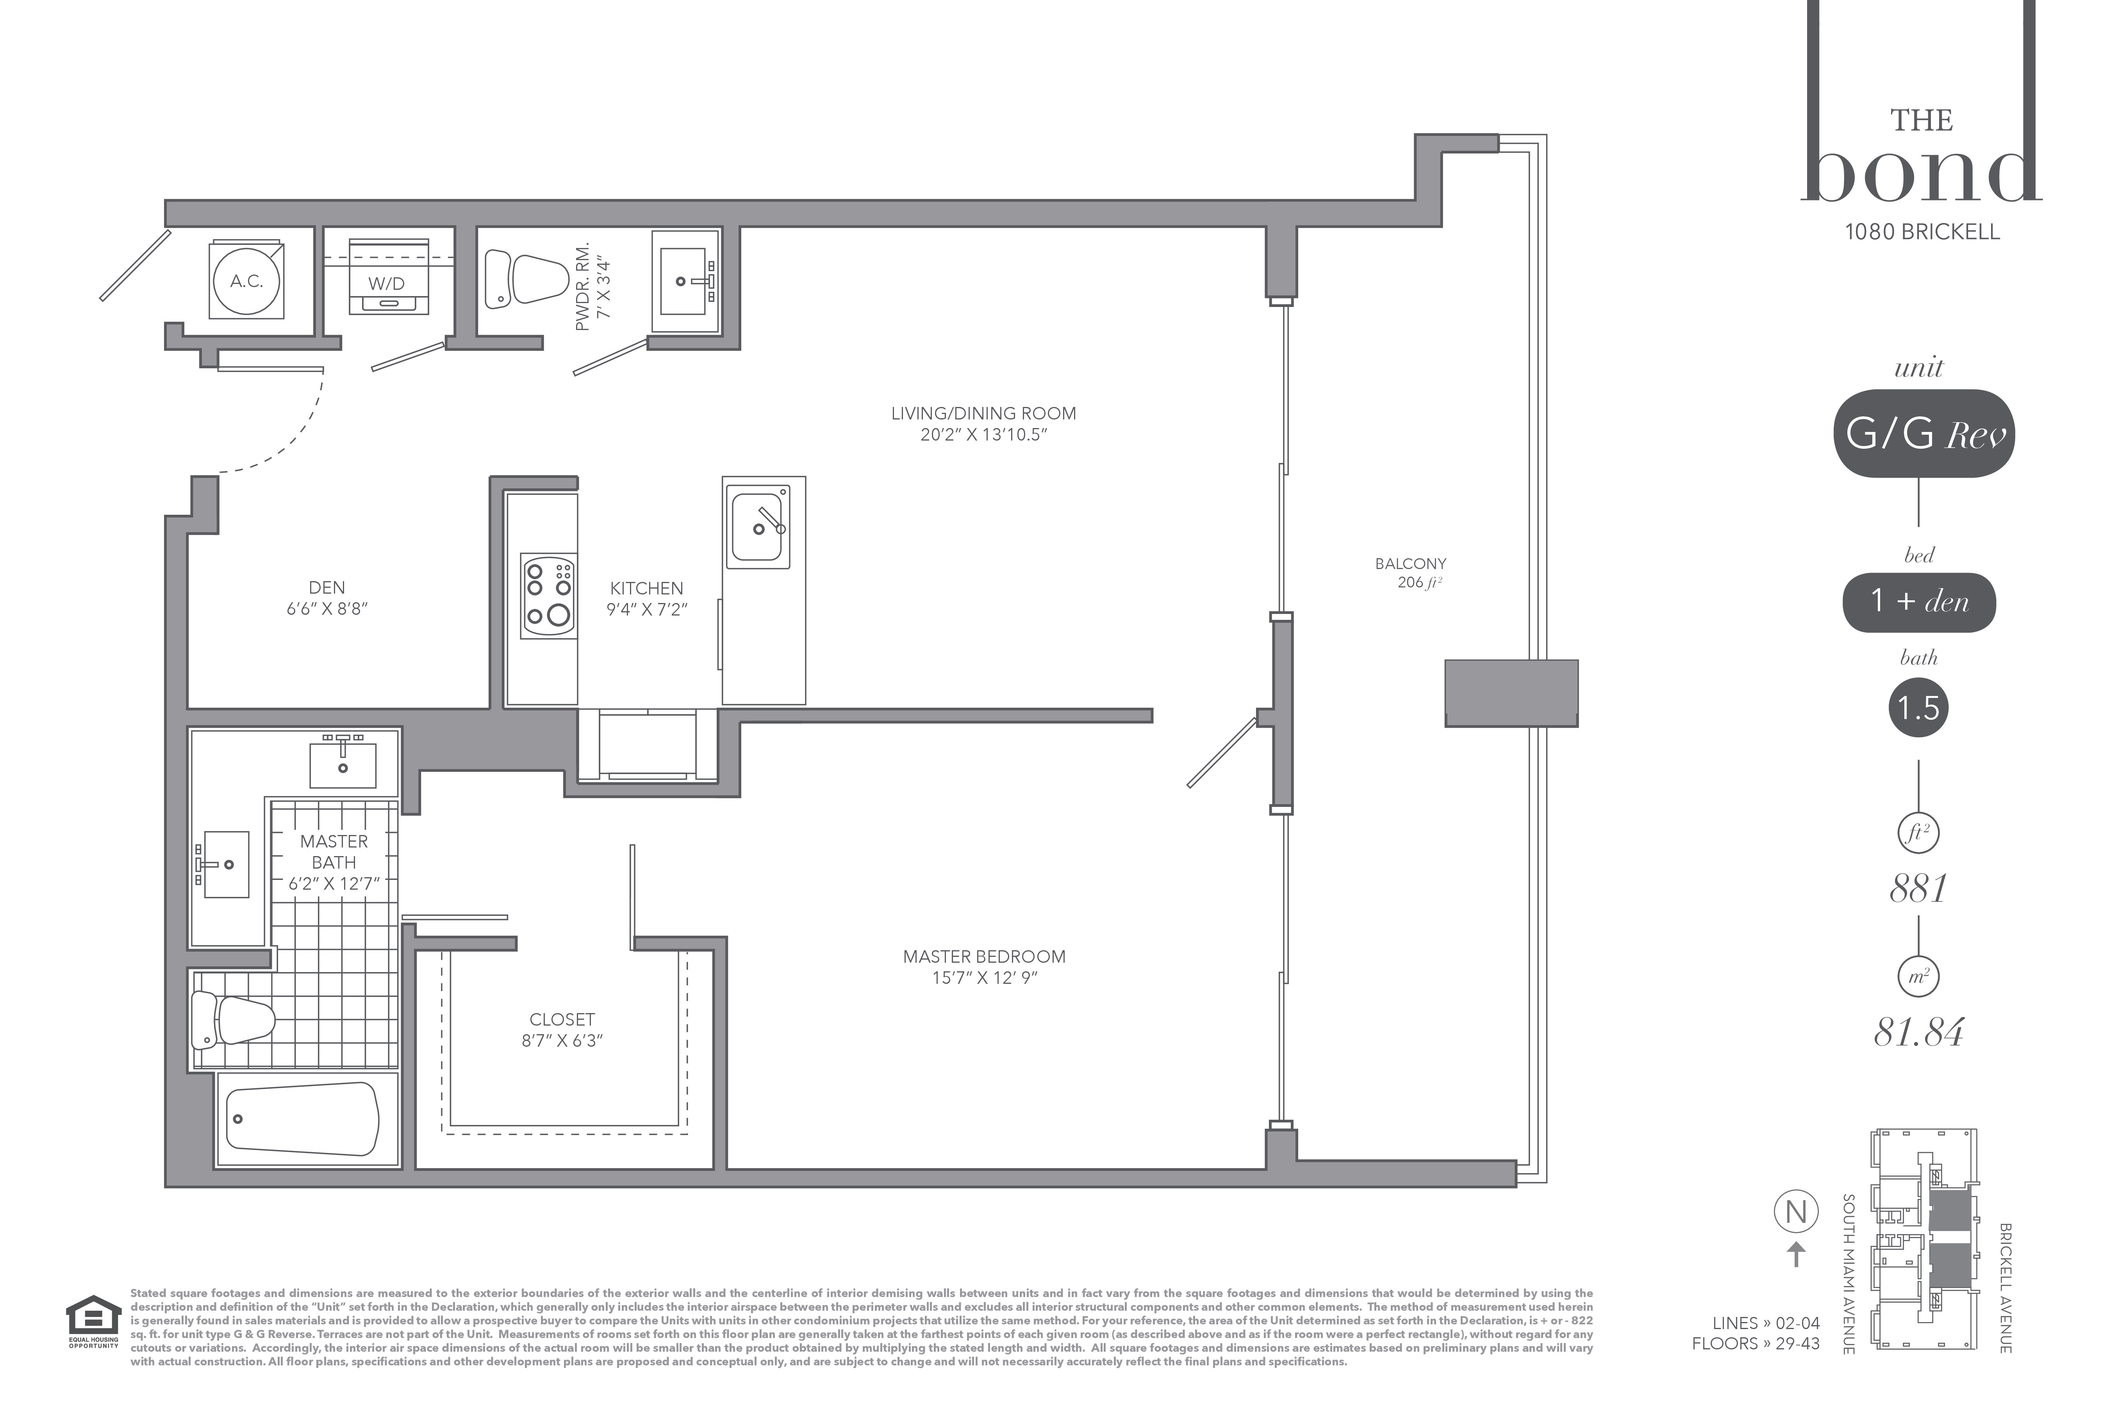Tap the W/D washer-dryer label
coord(387,284)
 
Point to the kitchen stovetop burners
coord(549,595)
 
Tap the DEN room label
coord(327,587)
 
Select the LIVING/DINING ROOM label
coord(984,413)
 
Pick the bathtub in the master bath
coord(302,1119)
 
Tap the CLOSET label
coord(562,1019)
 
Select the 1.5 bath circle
coord(1919,708)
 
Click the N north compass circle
coord(1796,1212)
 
